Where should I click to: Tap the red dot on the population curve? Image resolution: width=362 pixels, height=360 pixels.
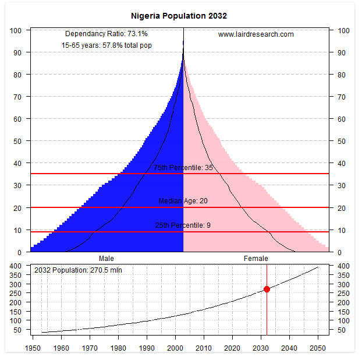pos(267,289)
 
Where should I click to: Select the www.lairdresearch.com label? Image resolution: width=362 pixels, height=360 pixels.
pos(256,34)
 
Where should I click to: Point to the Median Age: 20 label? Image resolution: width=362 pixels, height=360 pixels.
pos(183,201)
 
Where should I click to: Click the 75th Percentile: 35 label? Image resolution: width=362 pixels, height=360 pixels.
pos(183,168)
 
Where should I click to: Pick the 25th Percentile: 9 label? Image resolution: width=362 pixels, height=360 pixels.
pos(183,225)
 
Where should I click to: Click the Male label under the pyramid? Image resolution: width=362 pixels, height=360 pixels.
pos(107,258)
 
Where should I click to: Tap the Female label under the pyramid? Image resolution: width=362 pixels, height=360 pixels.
pos(255,258)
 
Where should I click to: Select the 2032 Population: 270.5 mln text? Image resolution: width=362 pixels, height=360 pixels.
pos(78,270)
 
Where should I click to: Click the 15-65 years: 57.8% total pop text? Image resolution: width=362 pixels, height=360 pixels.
pos(107,45)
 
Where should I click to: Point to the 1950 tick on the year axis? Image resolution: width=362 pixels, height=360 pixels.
pos(33,348)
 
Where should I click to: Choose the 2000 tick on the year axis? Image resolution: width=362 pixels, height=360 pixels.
pos(176,348)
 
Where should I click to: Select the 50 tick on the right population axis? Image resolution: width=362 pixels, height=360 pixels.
pos(342,330)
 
